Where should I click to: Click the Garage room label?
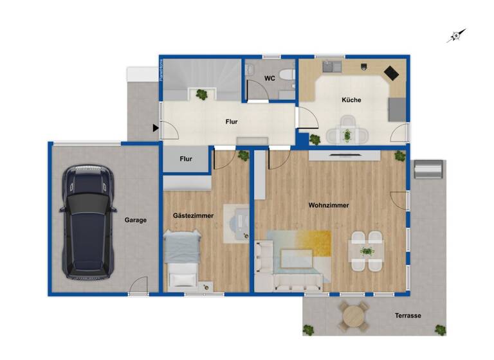tap(136, 220)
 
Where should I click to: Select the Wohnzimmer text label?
tap(328, 205)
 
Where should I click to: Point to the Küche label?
tap(351, 100)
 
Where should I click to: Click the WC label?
tap(270, 79)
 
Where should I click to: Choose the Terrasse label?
tap(408, 316)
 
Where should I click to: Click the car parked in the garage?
tap(87, 221)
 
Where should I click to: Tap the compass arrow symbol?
tap(456, 36)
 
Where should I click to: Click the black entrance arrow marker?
tap(156, 129)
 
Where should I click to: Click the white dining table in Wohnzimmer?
tap(366, 251)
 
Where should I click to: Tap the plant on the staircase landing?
tap(203, 94)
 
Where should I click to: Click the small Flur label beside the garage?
tap(186, 158)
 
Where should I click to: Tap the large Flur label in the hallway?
tap(232, 122)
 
